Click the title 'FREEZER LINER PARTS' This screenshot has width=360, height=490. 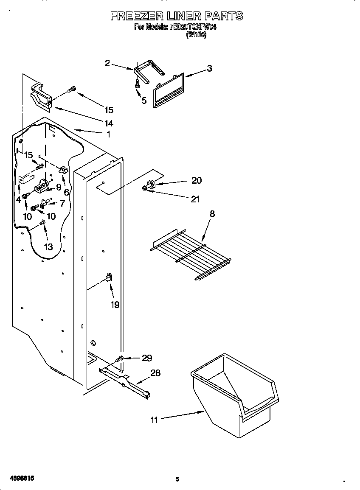tap(177, 16)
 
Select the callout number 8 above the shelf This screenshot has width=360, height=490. tap(212, 214)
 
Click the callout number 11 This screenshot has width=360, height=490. tap(154, 420)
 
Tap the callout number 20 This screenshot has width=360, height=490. tap(196, 180)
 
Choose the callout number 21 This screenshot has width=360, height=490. tap(195, 199)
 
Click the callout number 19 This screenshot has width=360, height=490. tap(115, 305)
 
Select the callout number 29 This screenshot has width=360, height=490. tap(146, 358)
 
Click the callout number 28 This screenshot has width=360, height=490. tap(155, 373)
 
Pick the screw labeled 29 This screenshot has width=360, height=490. tap(121, 359)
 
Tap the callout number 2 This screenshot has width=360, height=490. tap(107, 63)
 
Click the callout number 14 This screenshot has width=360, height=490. tap(109, 123)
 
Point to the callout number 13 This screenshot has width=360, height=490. tap(48, 247)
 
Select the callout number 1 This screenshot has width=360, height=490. tap(108, 134)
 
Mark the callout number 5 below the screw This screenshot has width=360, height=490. tap(144, 101)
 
